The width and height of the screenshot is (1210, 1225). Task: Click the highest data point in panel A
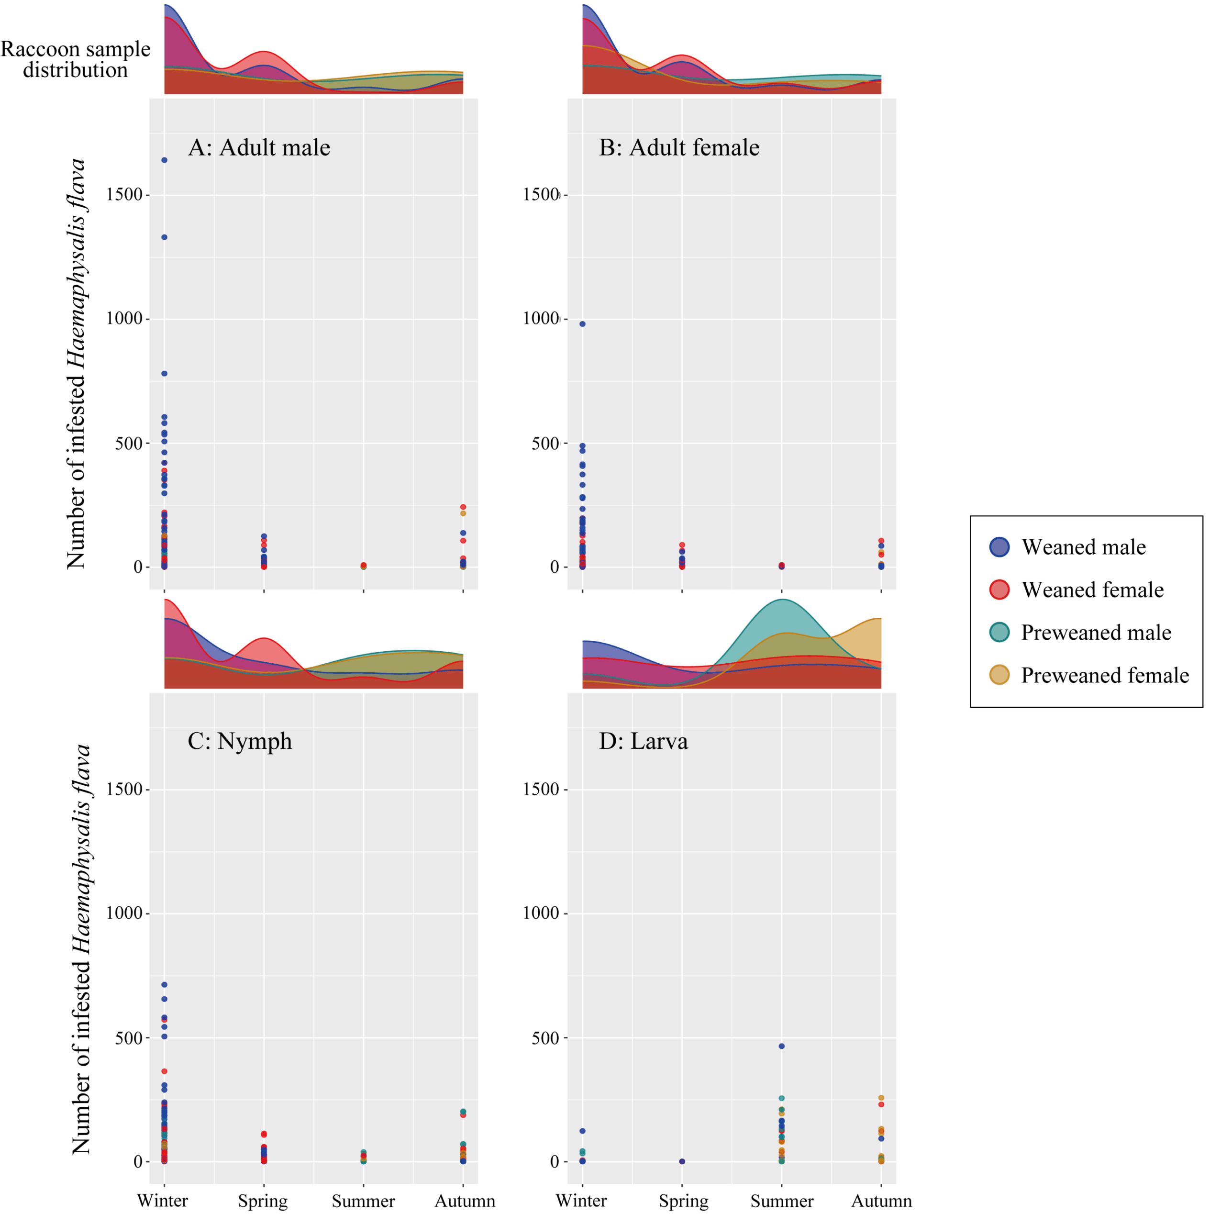tap(164, 160)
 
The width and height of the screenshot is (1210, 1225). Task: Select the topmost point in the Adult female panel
tap(582, 324)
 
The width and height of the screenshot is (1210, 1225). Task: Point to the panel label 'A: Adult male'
tap(259, 148)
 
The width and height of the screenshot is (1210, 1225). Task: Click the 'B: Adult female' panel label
tap(678, 148)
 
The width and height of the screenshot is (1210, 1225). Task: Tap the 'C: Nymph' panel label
tap(240, 741)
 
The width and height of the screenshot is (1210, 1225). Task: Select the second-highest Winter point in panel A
tap(164, 237)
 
